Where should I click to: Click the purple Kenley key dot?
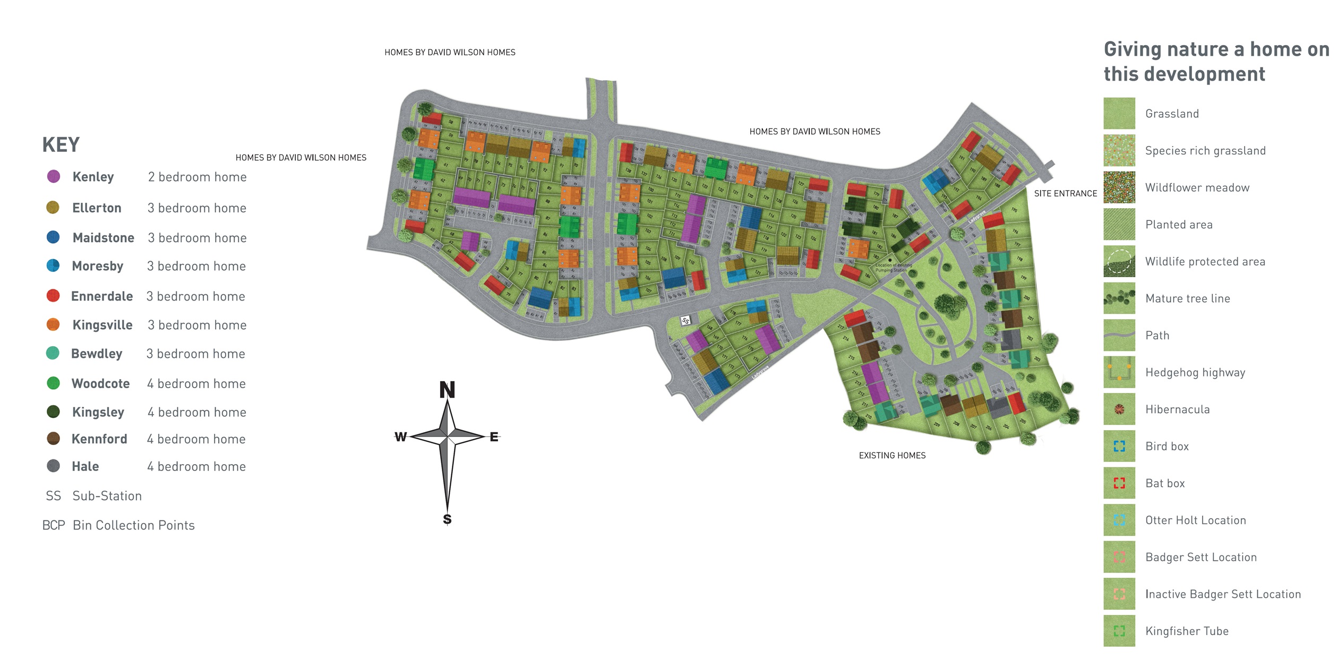[54, 176]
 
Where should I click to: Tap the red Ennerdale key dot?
[53, 296]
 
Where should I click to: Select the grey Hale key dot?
[53, 466]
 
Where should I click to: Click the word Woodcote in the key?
[100, 383]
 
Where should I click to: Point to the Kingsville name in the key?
[102, 325]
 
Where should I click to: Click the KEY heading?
[61, 145]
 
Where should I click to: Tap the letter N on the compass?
[447, 390]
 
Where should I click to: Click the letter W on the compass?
[400, 437]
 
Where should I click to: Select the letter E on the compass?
[494, 437]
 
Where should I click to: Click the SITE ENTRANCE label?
[1065, 194]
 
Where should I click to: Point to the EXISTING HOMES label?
[892, 456]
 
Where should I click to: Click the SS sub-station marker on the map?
[685, 321]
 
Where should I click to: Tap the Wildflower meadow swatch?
[1119, 187]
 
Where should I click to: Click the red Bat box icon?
[1119, 483]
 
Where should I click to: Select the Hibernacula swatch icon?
[1119, 409]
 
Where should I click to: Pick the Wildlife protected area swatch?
[1119, 261]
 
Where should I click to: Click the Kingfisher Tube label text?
[1187, 631]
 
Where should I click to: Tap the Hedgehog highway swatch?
[1119, 372]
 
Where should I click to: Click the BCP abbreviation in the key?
[54, 525]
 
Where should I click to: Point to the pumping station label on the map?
[894, 268]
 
